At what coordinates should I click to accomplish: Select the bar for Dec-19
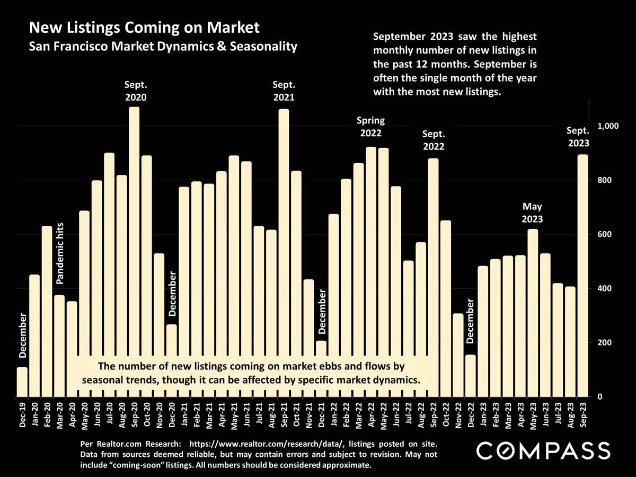[22, 382]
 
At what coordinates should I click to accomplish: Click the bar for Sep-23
[582, 276]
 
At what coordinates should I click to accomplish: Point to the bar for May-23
[533, 313]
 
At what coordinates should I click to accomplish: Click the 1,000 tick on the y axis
[608, 126]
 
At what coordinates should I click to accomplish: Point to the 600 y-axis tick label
[605, 234]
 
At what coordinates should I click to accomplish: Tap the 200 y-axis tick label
[605, 342]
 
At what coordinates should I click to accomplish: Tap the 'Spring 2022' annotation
[371, 127]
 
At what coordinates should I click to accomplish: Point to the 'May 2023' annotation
[533, 212]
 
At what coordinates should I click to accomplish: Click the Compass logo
[543, 451]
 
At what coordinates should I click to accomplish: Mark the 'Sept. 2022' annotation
[433, 140]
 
